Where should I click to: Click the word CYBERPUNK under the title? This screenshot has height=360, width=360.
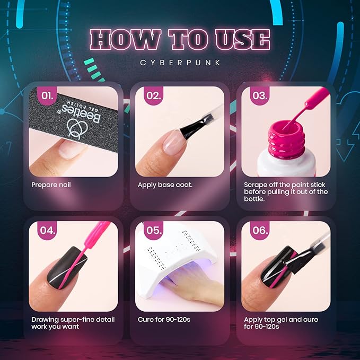(x=180, y=63)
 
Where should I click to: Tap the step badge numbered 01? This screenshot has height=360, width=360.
(x=47, y=96)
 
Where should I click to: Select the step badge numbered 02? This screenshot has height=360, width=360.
(x=153, y=96)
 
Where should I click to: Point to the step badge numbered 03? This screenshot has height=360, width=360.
(x=259, y=96)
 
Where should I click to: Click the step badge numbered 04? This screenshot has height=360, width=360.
(x=47, y=231)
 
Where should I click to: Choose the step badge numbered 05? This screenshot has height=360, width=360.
(x=153, y=231)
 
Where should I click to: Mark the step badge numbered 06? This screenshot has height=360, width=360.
(x=259, y=231)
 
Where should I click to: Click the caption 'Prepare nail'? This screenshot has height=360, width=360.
(x=51, y=185)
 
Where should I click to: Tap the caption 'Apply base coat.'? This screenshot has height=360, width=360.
(x=165, y=185)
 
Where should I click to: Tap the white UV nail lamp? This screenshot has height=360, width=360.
(x=175, y=260)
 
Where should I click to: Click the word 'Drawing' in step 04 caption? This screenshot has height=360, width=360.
(x=45, y=320)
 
